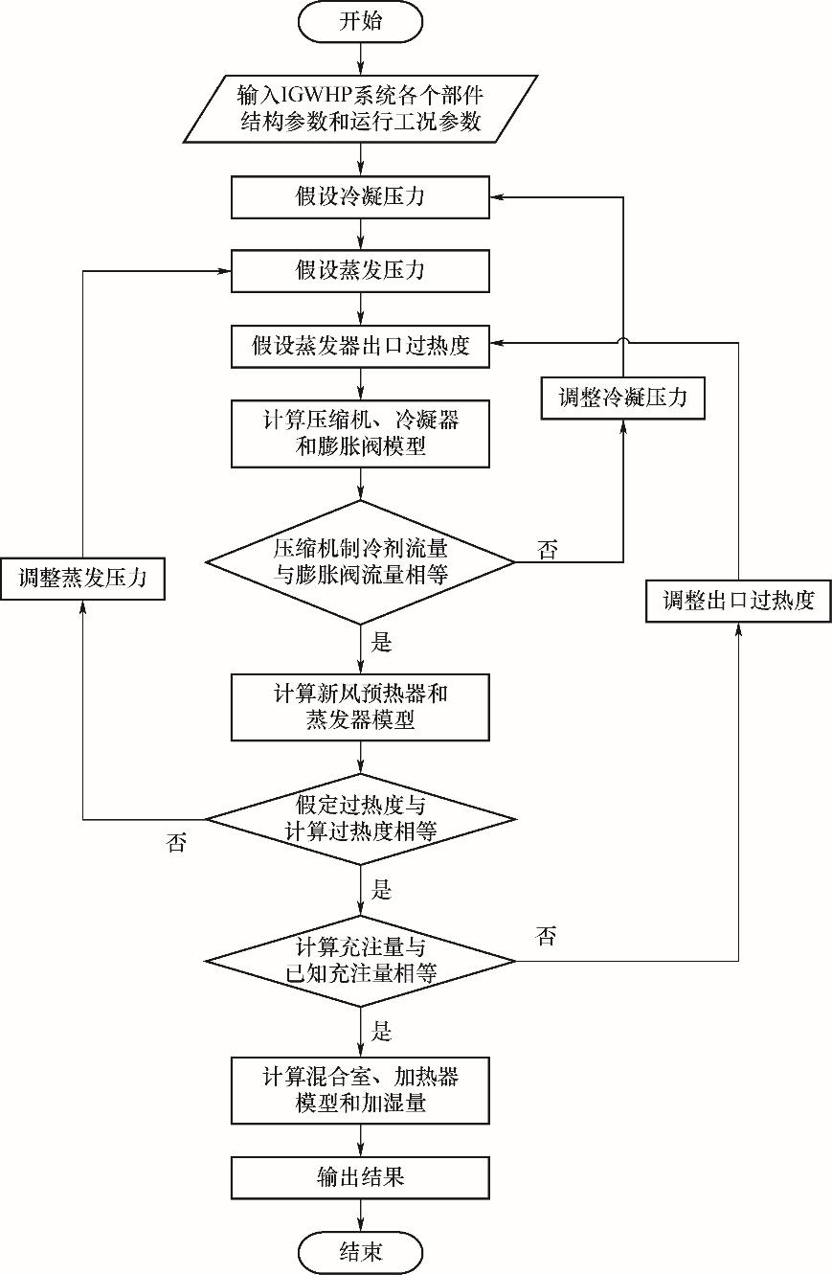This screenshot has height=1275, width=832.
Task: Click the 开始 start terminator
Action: click(360, 22)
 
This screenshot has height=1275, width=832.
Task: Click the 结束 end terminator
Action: click(360, 1252)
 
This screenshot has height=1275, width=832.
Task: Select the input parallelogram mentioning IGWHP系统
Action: click(360, 109)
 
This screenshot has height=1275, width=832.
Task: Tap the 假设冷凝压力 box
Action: click(360, 198)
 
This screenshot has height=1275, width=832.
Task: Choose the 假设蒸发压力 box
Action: click(360, 271)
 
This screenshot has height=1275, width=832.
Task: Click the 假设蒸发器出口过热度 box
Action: click(360, 346)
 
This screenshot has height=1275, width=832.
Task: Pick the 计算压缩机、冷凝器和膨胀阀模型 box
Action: click(360, 433)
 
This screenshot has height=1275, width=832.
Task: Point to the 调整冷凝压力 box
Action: click(622, 398)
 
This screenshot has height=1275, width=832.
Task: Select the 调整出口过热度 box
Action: click(738, 601)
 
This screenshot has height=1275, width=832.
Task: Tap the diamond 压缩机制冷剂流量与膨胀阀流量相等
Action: click(360, 561)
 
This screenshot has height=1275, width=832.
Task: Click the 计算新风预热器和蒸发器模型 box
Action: click(360, 707)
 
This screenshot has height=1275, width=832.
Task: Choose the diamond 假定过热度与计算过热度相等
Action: click(360, 819)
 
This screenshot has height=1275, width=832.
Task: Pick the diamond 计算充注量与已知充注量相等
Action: click(360, 960)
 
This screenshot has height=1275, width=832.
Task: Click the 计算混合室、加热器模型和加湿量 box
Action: click(360, 1090)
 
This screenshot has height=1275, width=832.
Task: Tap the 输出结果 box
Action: click(360, 1176)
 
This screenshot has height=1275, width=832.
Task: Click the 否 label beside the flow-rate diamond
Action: click(548, 550)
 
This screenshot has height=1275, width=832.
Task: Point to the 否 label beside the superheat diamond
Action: click(177, 843)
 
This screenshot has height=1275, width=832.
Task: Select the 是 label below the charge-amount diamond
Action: click(382, 1032)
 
